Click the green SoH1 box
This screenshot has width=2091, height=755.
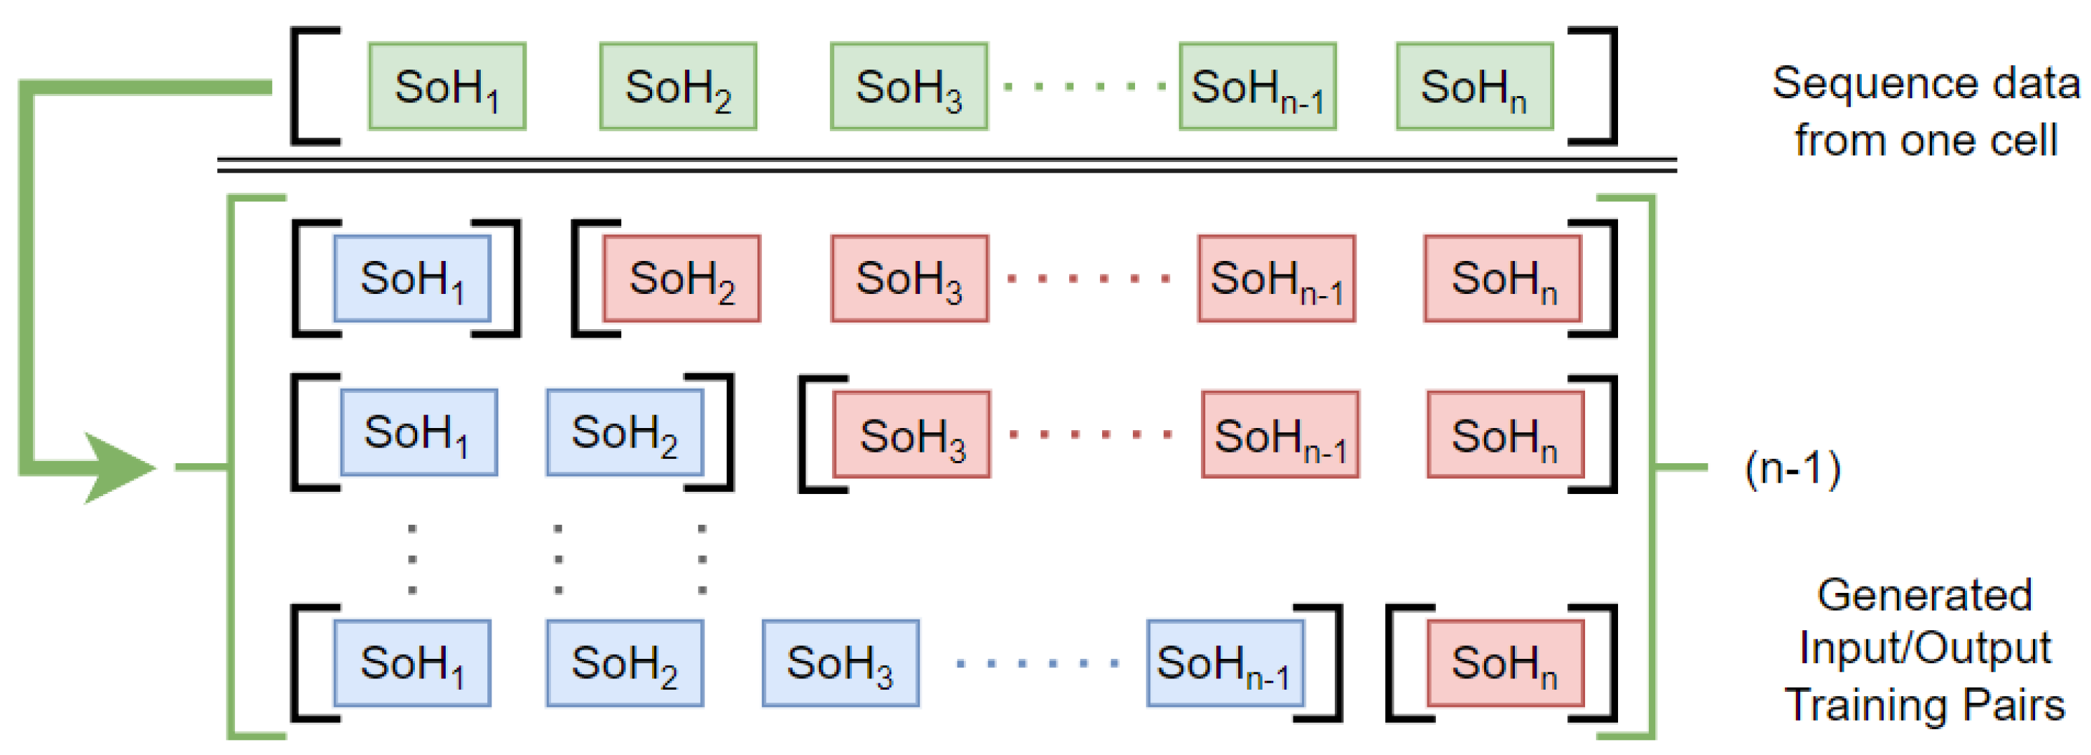pos(446,86)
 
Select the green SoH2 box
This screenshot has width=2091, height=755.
pos(678,86)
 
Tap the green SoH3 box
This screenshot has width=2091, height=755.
pos(909,86)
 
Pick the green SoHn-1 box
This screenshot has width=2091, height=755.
pos(1257,86)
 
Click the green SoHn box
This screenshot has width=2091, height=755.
pos(1474,86)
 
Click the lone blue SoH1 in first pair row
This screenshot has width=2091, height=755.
pos(411,278)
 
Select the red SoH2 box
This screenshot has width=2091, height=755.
pos(681,278)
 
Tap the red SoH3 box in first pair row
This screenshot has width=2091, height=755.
pos(909,278)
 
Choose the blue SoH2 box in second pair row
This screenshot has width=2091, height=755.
pos(624,432)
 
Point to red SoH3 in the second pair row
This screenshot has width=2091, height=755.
pos(911,435)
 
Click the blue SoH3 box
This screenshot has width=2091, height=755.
pos(840,663)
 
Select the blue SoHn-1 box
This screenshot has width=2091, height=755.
pos(1224,663)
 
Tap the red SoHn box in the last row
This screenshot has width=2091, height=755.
pos(1505,663)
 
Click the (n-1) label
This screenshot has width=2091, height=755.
pos(1792,468)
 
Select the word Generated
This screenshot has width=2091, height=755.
pos(1924,595)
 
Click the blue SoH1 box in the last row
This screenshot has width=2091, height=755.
pos(411,663)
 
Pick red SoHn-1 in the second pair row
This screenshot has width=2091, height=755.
pos(1279,435)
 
